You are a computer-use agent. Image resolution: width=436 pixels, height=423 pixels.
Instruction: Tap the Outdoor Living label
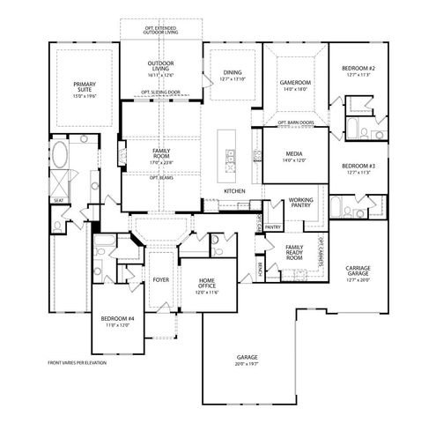point(160,68)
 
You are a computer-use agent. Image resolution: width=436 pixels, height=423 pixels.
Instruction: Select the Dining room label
point(233,76)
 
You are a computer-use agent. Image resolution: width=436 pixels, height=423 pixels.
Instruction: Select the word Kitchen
point(233,191)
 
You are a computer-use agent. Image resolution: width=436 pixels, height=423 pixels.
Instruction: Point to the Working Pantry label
point(301,204)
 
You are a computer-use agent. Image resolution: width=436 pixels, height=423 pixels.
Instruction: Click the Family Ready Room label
point(294,253)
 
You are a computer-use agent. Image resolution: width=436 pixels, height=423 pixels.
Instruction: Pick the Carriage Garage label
point(362,273)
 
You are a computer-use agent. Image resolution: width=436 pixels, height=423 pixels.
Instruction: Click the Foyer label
point(160,279)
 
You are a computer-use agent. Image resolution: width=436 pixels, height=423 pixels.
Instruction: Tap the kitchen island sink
point(230,162)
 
